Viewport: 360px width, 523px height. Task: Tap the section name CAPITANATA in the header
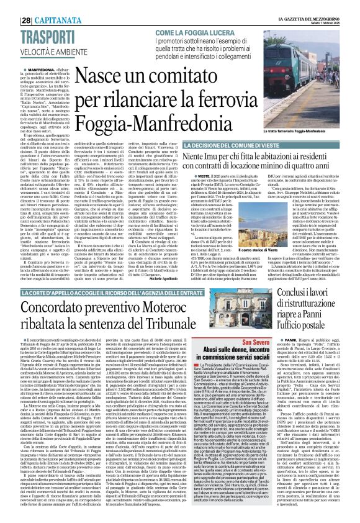tap(40, 6)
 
